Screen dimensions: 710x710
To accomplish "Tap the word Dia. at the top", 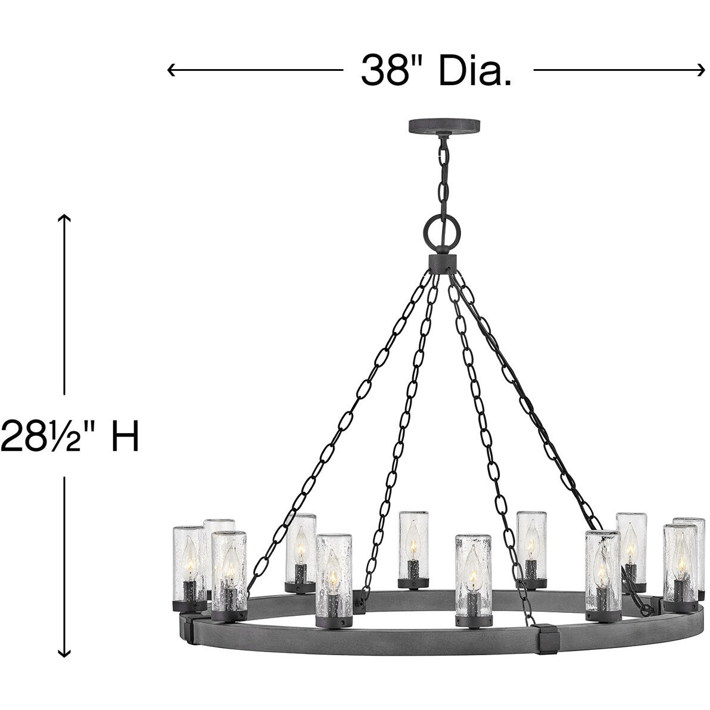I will coord(474,71).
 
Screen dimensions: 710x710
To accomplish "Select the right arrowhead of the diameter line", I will coord(700,70).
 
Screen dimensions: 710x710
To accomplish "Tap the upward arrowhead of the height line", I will coord(64,218).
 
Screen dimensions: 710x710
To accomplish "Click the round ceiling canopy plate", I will coord(444,126).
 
